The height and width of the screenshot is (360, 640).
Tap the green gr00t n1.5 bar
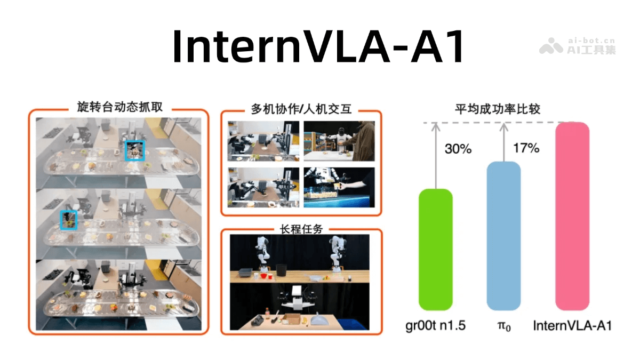point(436,250)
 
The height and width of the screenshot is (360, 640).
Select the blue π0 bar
point(503,236)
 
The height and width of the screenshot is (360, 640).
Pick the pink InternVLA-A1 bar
point(572,216)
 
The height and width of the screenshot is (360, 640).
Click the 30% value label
point(458,149)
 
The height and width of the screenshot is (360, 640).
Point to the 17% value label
point(526,148)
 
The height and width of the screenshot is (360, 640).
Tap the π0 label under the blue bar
point(503,326)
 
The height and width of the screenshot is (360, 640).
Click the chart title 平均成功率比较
point(497,109)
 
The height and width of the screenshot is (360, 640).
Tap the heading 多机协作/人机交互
point(301,109)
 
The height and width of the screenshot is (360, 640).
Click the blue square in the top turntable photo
point(134,151)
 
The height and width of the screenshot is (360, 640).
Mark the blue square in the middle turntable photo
point(68,219)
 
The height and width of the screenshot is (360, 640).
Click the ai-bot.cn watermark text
point(591,41)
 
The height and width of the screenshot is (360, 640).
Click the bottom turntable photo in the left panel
point(118,294)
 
